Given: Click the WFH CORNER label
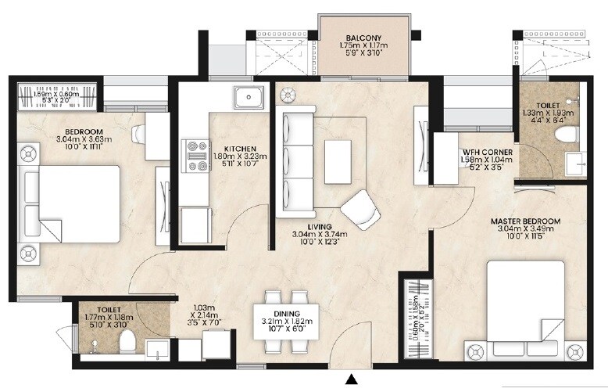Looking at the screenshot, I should (487, 152).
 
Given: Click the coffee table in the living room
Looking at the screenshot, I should (338, 161).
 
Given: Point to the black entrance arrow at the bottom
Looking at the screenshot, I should (352, 379).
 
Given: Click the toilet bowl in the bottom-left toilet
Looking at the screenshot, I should (126, 341).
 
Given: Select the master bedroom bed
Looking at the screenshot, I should (525, 309).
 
